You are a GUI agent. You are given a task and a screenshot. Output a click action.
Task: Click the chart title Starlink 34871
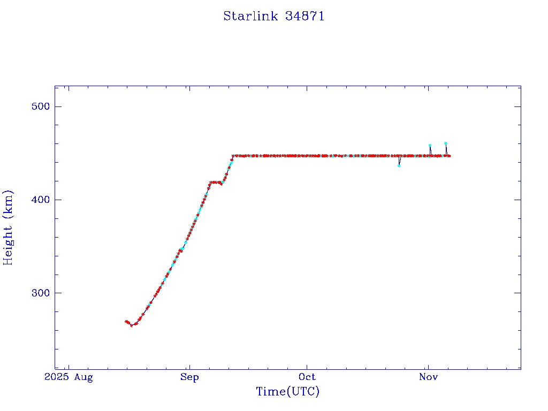[273, 16]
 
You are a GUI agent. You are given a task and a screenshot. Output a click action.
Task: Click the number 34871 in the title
[305, 16]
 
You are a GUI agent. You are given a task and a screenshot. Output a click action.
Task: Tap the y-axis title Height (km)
[8, 227]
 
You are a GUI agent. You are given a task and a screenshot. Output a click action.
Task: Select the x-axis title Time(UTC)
[287, 392]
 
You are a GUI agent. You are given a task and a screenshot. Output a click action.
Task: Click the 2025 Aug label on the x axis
[68, 377]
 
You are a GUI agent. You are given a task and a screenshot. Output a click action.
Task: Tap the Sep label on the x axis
[189, 377]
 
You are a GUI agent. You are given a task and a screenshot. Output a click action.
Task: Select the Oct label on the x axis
[307, 377]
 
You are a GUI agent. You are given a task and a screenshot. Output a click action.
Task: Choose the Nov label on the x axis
[428, 377]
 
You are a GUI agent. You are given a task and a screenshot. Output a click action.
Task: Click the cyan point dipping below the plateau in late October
[399, 165]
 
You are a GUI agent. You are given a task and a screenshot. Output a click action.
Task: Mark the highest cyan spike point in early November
[446, 143]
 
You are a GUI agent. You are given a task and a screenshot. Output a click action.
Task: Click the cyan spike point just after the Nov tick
[430, 146]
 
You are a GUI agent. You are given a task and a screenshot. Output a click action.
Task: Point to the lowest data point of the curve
[132, 325]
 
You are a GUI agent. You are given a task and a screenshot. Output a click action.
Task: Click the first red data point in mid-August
[126, 321]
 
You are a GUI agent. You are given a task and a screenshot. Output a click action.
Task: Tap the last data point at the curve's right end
[450, 156]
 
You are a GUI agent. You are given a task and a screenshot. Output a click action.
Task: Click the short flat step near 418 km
[215, 182]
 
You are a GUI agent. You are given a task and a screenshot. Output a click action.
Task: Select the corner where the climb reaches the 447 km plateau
[233, 156]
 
